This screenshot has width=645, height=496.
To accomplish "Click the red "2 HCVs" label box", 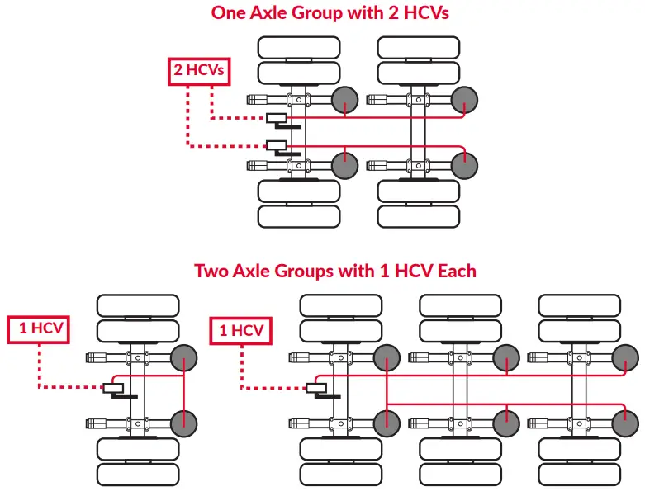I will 198,71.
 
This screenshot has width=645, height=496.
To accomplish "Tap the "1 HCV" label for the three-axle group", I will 241,331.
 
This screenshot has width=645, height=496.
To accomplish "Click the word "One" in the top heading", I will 230,12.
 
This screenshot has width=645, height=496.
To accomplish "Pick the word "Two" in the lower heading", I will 211,271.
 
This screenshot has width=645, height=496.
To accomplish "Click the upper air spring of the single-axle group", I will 184,358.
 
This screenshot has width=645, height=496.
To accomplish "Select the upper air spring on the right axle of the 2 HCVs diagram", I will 465,100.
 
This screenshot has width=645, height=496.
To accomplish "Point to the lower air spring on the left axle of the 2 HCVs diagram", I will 345,165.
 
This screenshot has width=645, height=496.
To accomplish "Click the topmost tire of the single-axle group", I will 138,305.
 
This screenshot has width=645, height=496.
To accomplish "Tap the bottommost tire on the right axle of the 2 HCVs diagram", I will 418,216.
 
